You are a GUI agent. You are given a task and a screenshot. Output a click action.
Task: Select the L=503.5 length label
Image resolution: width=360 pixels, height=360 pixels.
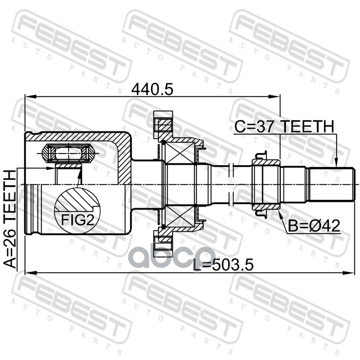[223, 265]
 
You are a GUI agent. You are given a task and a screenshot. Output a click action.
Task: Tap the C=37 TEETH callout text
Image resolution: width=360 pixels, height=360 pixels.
[284, 127]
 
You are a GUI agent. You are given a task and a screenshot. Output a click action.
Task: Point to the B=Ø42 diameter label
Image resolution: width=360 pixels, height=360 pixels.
[314, 226]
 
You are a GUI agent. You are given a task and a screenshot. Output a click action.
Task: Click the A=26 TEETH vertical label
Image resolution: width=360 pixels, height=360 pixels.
[10, 219]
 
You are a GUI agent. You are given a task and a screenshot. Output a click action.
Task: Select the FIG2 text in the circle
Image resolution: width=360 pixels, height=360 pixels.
[77, 220]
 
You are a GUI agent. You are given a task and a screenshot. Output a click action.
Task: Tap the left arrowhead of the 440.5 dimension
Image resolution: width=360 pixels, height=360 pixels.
[31, 97]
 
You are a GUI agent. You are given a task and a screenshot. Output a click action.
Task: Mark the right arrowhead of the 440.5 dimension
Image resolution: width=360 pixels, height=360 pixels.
[274, 97]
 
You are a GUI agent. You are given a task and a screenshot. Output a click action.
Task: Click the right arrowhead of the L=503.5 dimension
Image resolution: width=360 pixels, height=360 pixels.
[347, 273]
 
